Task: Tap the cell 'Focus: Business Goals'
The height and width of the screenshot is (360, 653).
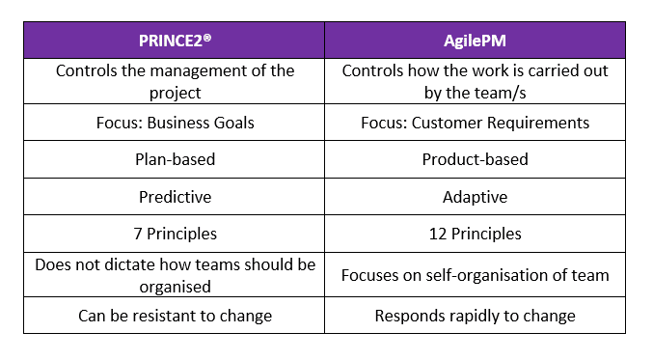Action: (174, 123)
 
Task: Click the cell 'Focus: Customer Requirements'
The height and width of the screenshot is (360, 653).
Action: (475, 123)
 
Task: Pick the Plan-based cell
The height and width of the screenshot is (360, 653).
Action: (174, 159)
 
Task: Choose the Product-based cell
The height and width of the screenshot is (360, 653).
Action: (475, 159)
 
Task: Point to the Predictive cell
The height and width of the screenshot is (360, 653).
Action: (174, 196)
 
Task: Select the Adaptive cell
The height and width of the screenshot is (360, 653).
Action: (475, 196)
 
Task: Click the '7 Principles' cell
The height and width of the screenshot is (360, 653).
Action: (174, 233)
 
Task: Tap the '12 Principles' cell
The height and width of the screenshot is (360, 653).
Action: (475, 233)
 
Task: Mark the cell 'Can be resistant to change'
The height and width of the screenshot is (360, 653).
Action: (174, 316)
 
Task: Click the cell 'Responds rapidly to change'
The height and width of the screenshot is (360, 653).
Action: (475, 316)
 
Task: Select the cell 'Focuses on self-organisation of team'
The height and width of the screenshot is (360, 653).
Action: (475, 275)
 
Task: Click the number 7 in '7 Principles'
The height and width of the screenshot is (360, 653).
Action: (136, 233)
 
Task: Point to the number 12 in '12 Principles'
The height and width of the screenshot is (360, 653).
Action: (435, 233)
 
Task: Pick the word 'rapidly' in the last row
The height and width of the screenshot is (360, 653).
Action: (490, 316)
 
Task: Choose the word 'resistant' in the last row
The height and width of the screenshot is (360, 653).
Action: (170, 316)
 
